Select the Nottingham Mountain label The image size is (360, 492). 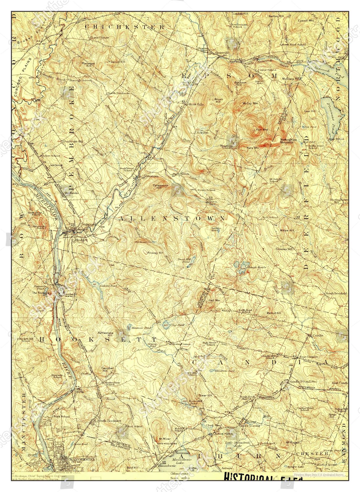(287, 141)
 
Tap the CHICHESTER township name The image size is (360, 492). (124, 27)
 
